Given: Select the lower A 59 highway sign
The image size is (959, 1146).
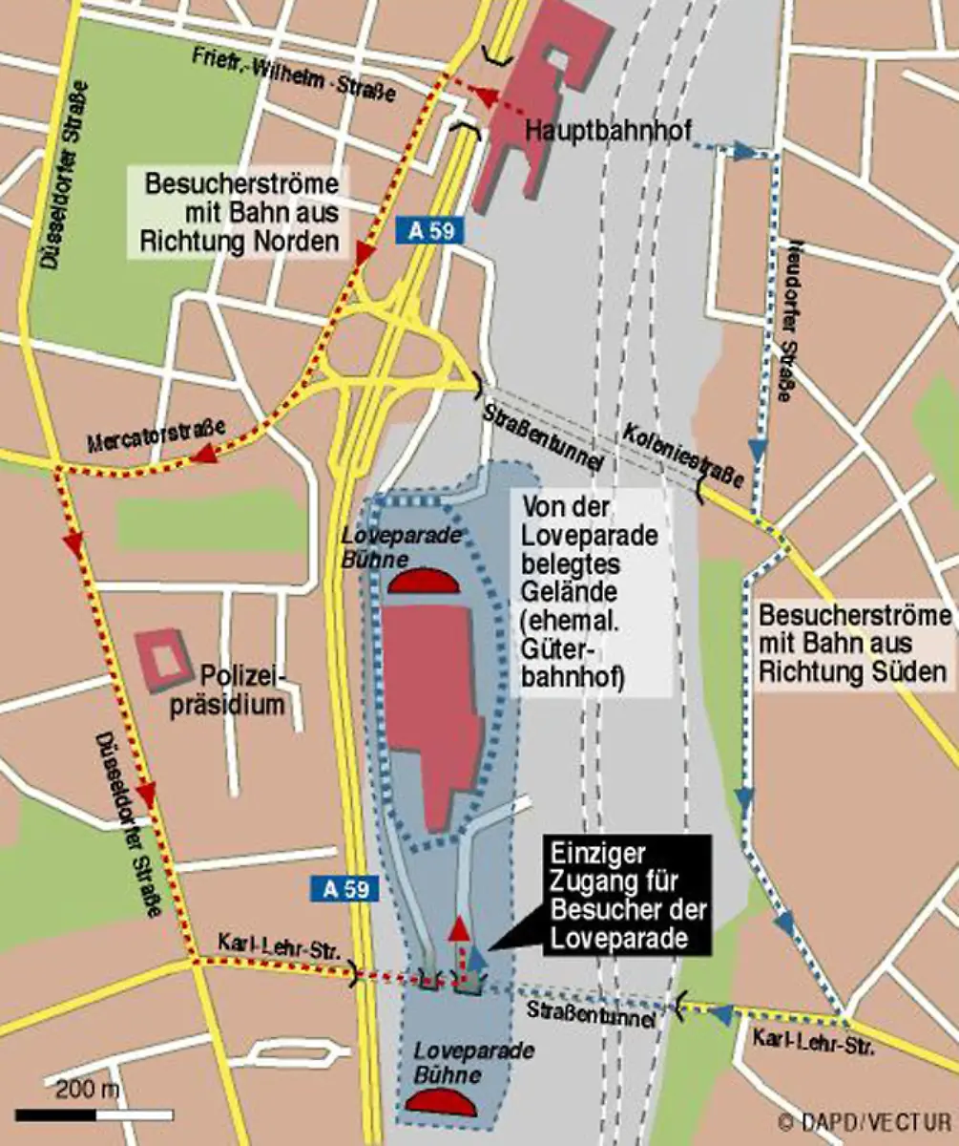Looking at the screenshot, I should [345, 889].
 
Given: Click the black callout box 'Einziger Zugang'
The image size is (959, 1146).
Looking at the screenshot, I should [628, 896].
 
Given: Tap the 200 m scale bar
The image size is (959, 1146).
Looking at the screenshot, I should [94, 1114].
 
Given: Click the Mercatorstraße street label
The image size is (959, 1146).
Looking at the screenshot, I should [156, 438].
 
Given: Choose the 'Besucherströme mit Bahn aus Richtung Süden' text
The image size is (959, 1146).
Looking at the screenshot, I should [853, 644].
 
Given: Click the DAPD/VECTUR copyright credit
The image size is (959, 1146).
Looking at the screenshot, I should [864, 1121].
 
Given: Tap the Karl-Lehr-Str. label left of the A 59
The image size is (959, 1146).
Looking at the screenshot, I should [279, 949].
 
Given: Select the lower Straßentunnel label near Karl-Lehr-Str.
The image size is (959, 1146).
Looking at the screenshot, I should [593, 1013].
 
